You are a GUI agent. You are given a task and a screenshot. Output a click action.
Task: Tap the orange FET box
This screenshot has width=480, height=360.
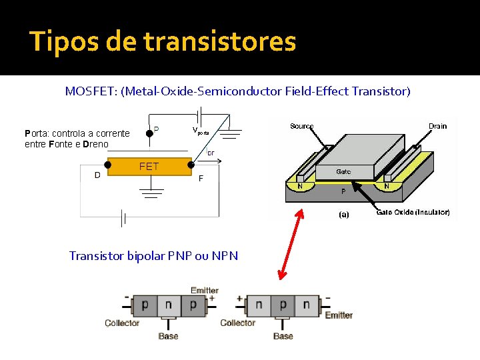tap(149, 167)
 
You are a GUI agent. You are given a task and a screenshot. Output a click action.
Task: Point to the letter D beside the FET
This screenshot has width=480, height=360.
tap(97, 176)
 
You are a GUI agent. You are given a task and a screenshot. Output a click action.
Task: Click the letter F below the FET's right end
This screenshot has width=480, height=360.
tap(201, 179)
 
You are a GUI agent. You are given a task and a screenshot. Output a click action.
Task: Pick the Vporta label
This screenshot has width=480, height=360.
tap(201, 131)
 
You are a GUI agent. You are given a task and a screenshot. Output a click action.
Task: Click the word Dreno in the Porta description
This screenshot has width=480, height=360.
tap(96, 144)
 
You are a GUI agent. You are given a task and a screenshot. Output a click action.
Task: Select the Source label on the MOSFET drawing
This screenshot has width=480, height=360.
tap(302, 126)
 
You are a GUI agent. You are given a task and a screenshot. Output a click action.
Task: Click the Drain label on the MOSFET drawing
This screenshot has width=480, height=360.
tap(437, 126)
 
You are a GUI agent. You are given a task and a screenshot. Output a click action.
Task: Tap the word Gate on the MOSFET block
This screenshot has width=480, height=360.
tap(343, 171)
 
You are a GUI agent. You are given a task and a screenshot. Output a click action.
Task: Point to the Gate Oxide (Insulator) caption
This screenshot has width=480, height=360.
tap(413, 212)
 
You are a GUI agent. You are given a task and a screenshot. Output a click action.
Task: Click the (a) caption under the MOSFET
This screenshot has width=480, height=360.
tap(343, 214)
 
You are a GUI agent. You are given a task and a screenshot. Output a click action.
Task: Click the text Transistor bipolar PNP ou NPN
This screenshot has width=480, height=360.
tap(153, 256)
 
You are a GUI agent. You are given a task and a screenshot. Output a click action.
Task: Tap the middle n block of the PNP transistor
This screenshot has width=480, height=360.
tap(169, 305)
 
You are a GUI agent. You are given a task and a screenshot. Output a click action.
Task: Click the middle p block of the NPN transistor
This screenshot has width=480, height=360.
tap(283, 305)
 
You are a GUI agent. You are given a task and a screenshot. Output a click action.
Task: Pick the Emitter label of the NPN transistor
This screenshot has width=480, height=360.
tap(339, 315)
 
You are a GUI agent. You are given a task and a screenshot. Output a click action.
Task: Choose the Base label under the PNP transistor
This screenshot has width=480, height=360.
tap(168, 336)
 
